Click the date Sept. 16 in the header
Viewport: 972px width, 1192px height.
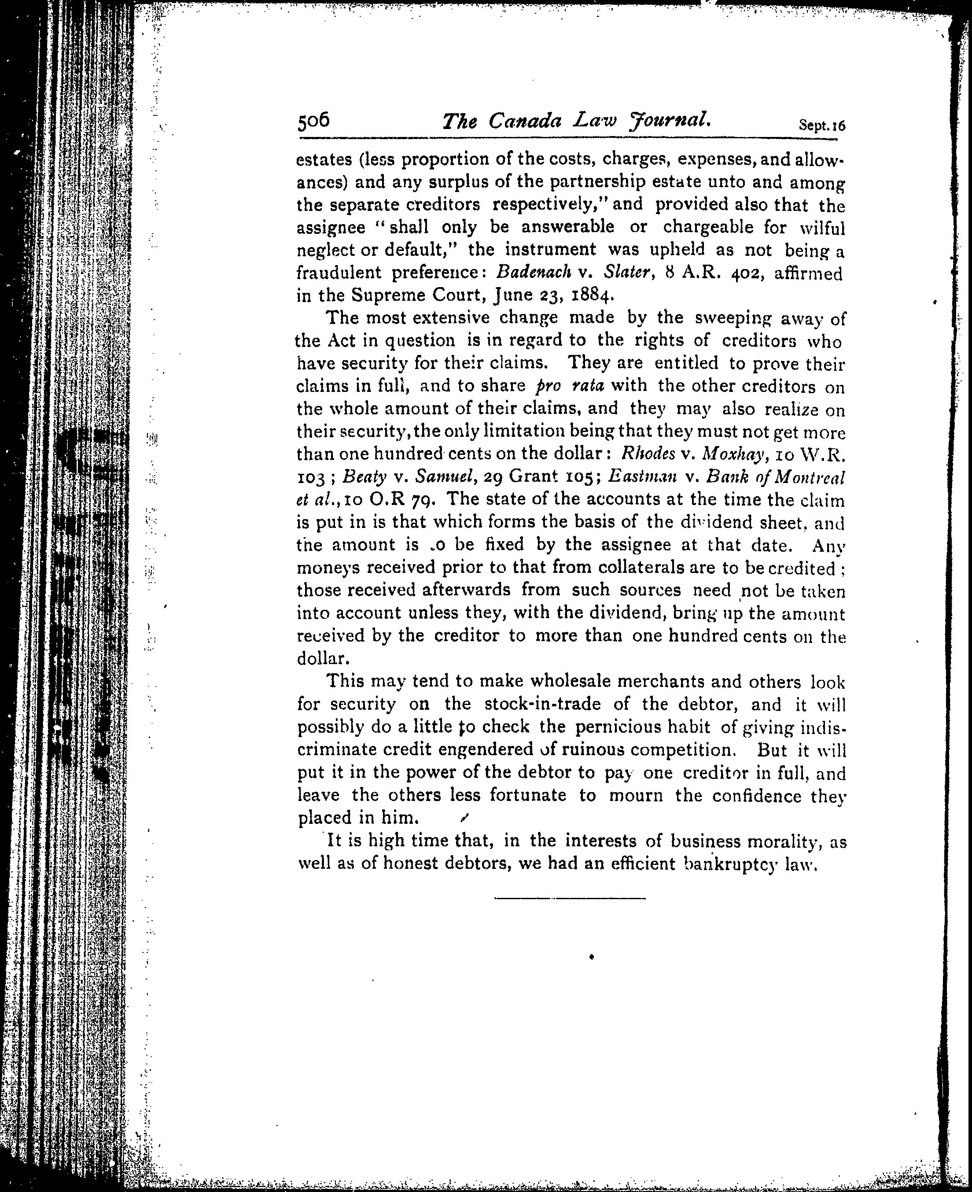(821, 125)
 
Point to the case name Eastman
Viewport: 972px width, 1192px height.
(642, 477)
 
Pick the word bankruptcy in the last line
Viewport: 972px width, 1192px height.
(731, 864)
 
